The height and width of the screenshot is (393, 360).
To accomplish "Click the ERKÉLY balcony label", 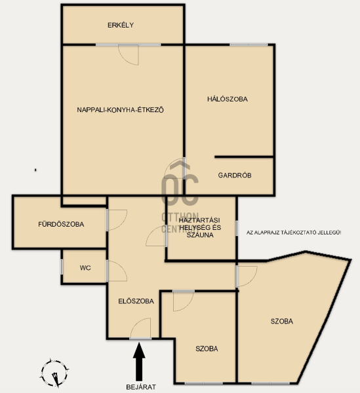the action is click(x=121, y=25).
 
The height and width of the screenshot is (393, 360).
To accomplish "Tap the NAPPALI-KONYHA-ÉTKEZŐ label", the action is click(x=120, y=110).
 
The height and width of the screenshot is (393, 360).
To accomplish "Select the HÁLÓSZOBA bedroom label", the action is click(x=228, y=99).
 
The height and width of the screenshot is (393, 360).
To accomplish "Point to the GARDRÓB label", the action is click(x=235, y=175).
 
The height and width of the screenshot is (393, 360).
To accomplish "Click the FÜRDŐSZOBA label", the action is click(x=61, y=224).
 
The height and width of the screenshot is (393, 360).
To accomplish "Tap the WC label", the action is click(x=85, y=268).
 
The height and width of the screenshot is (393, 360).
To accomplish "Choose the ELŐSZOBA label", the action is click(x=136, y=301).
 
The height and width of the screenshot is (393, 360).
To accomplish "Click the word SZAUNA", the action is click(x=200, y=235).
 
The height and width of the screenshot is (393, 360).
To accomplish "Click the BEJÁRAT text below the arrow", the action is click(x=141, y=387).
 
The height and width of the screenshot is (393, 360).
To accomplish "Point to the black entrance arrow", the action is click(x=139, y=362).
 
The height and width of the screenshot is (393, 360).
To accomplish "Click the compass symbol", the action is click(x=54, y=373).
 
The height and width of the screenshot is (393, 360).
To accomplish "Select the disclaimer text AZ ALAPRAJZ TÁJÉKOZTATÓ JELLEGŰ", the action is click(x=294, y=233).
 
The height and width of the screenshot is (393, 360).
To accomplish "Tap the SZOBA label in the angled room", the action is click(x=282, y=321).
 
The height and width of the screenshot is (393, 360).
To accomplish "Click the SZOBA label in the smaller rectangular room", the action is click(x=207, y=348).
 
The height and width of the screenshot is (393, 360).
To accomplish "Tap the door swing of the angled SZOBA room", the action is click(x=252, y=281).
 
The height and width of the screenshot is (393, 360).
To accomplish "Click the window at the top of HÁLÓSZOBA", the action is click(x=249, y=45).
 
